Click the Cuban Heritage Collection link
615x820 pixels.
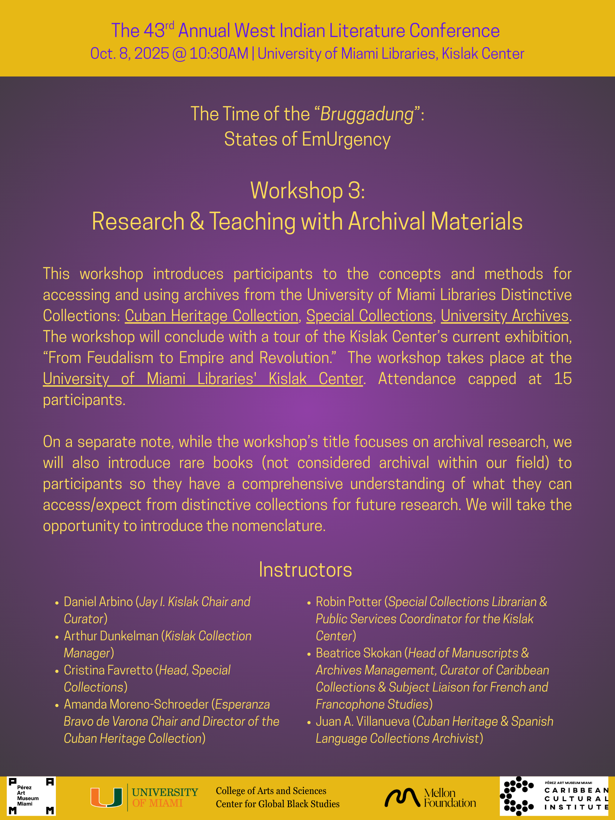pyautogui.click(x=211, y=316)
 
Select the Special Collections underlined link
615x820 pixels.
pyautogui.click(x=369, y=316)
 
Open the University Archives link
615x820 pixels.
pyautogui.click(x=504, y=316)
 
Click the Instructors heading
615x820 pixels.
pyautogui.click(x=305, y=570)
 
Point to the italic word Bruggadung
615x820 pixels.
pyautogui.click(x=367, y=114)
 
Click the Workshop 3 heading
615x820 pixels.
pyautogui.click(x=307, y=190)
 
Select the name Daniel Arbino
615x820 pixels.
pyautogui.click(x=98, y=602)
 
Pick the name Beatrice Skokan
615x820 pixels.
pyautogui.click(x=358, y=653)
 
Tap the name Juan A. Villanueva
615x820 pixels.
pyautogui.click(x=363, y=721)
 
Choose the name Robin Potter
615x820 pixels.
pyautogui.click(x=348, y=602)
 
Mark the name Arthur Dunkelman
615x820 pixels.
pyautogui.click(x=111, y=636)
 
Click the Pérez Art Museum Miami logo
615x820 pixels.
pyautogui.click(x=31, y=796)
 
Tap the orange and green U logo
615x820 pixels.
pyautogui.click(x=106, y=797)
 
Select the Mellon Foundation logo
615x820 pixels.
pyautogui.click(x=430, y=797)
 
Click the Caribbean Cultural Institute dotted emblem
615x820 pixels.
pyautogui.click(x=516, y=796)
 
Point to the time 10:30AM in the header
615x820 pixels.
pyautogui.click(x=219, y=54)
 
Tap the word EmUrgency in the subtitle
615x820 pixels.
pyautogui.click(x=346, y=140)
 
